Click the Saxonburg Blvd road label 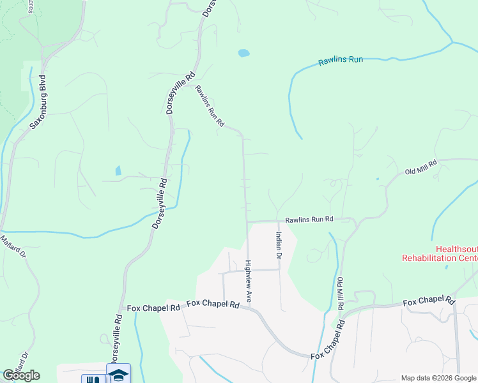click(40, 101)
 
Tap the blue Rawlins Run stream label click(341, 61)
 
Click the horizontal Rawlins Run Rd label click(309, 219)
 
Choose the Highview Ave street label click(249, 281)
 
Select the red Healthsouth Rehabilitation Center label click(440, 254)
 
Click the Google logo click(21, 375)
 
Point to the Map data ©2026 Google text click(438, 378)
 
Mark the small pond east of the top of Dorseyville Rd click(243, 53)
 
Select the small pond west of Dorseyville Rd click(118, 170)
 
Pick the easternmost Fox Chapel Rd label click(428, 301)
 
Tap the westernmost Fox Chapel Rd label click(153, 308)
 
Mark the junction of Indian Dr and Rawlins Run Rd click(278, 221)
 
